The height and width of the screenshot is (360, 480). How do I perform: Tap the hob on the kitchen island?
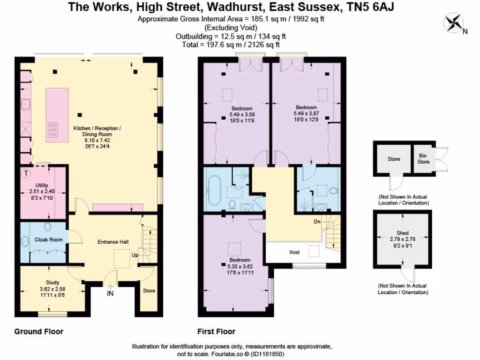52,128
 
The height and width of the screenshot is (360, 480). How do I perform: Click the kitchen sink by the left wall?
25,104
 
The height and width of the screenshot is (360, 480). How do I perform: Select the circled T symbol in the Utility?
26,174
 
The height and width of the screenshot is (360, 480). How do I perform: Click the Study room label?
52,282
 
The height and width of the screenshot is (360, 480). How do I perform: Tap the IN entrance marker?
110,294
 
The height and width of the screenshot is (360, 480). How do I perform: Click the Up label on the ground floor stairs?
135,256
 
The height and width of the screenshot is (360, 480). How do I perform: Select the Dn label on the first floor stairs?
317,222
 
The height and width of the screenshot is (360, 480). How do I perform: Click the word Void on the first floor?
294,252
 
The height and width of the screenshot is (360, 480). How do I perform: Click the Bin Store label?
423,159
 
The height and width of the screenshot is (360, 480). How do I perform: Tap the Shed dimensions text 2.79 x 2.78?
402,239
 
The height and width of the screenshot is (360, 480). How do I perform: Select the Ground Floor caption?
38,331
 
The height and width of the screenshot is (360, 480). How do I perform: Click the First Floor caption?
216,331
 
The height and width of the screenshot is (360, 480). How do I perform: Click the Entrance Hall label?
113,242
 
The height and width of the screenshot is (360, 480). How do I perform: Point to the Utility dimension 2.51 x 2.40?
42,192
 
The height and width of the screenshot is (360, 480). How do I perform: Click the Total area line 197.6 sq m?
231,45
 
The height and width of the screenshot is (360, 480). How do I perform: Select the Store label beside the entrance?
149,291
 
